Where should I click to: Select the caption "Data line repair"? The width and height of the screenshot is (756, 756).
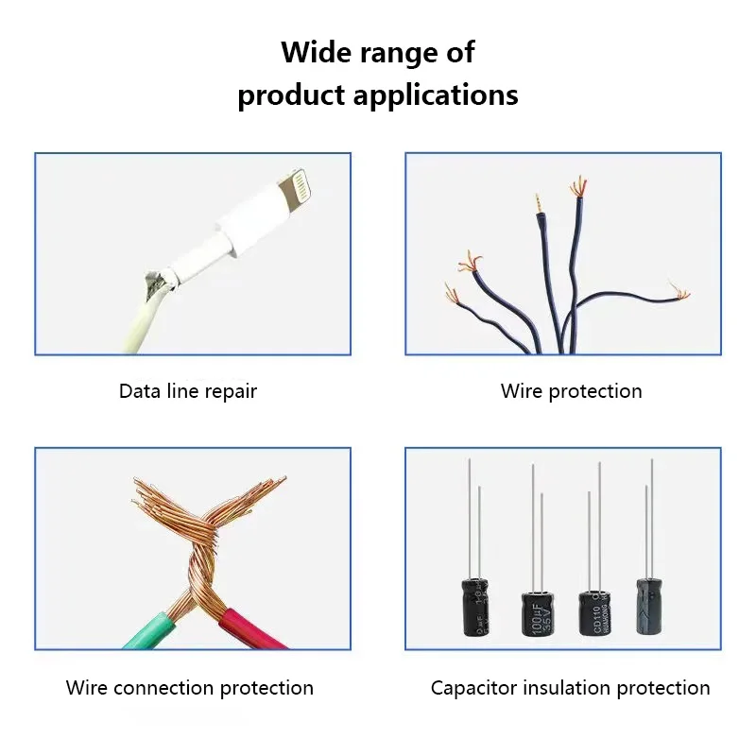[188, 391]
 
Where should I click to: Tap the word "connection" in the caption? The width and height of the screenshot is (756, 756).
[165, 688]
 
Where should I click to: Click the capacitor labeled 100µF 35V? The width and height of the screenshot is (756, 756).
[537, 619]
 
